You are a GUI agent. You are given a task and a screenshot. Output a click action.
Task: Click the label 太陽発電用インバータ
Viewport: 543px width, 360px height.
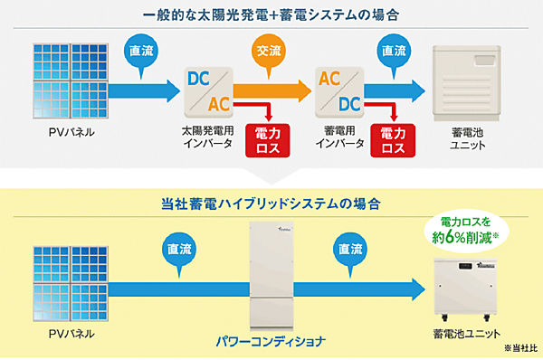[x=208, y=137]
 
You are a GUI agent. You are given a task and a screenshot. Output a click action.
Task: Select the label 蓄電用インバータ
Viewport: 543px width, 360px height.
[x=343, y=137]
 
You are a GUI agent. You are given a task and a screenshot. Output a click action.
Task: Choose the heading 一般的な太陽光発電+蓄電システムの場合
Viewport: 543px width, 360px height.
[x=272, y=16]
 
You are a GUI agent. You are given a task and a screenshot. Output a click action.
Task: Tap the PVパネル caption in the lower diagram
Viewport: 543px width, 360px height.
[x=69, y=334]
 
